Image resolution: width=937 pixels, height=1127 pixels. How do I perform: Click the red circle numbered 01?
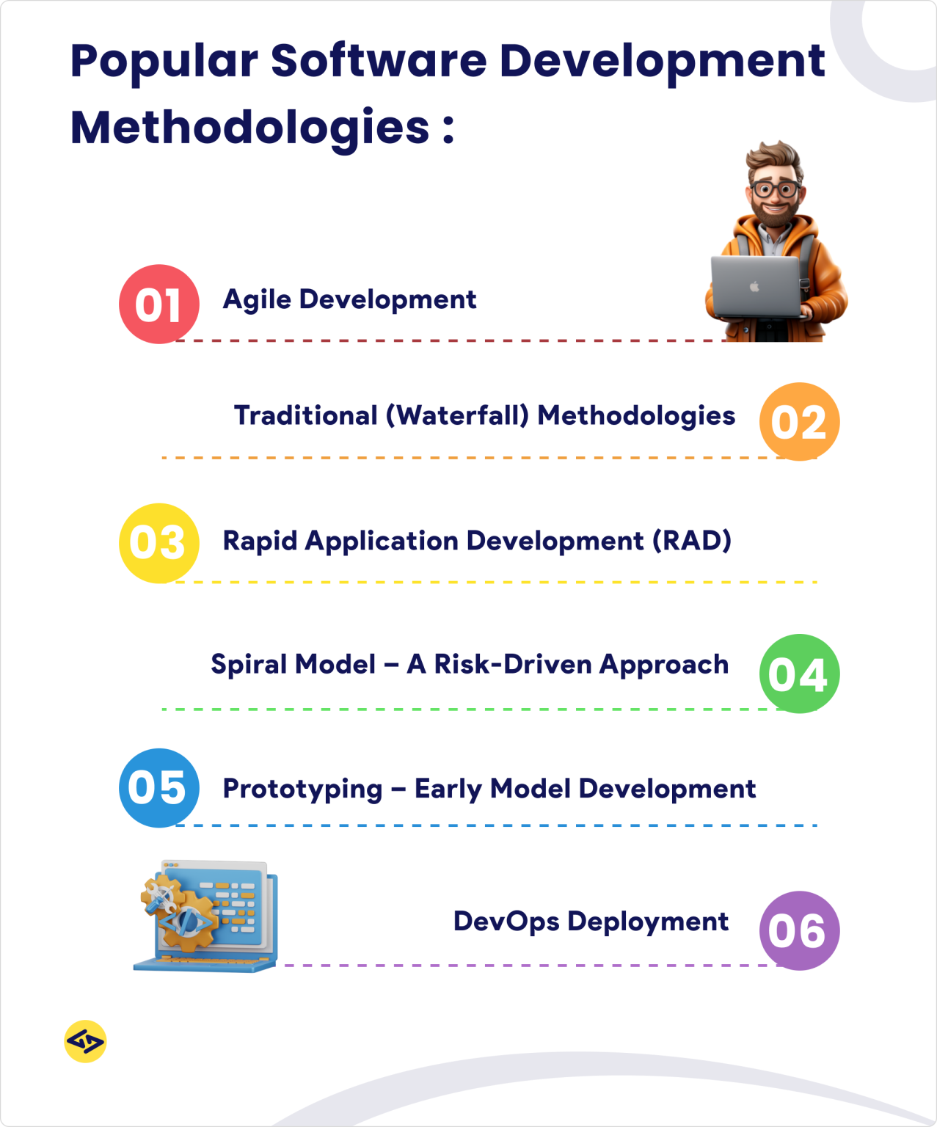coord(159,304)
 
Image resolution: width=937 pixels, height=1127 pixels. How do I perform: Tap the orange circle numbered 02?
coord(799,422)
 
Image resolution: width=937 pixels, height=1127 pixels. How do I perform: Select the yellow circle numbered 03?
coord(159,543)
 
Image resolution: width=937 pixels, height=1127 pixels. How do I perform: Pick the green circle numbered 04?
coord(799,674)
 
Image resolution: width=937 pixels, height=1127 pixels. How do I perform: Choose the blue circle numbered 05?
coord(159,788)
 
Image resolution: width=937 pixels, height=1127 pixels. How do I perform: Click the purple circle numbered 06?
coord(799,930)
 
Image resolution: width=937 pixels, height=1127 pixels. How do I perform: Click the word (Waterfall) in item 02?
coord(457,416)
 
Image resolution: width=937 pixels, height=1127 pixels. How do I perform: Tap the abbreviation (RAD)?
coord(692,541)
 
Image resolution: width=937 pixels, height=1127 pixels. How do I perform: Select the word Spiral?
coord(247,665)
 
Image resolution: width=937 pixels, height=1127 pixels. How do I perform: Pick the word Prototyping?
coord(302,789)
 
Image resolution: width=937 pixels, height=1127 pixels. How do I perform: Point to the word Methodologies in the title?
coord(249,128)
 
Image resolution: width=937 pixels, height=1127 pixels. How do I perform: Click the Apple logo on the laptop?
coord(754,286)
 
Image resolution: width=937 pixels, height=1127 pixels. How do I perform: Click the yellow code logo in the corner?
coord(85,1041)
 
